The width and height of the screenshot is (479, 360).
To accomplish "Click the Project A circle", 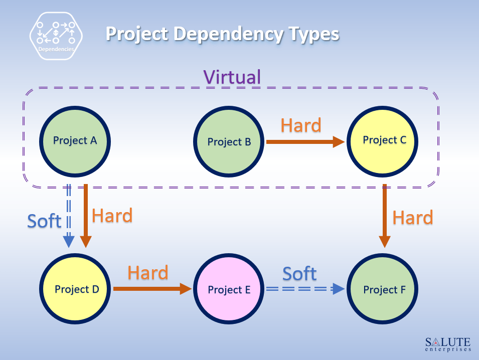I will click(75, 141).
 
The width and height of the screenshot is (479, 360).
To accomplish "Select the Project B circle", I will click(229, 142).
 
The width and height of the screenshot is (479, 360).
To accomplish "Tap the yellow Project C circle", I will click(384, 140).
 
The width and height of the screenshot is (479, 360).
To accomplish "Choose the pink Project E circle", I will click(229, 289).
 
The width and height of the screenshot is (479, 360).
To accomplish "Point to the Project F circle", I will click(384, 289).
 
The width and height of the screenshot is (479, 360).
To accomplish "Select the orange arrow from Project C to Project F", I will click(385, 216).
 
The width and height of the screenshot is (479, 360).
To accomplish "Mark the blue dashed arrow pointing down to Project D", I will click(69, 216).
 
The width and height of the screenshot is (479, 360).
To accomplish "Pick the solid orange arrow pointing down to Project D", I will click(86, 216).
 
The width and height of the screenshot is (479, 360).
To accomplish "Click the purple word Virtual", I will click(232, 77).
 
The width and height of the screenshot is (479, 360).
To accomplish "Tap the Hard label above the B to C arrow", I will click(301, 125).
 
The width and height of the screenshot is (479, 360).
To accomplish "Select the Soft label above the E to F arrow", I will click(299, 274).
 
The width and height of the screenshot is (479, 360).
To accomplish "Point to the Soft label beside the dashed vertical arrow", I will click(44, 221).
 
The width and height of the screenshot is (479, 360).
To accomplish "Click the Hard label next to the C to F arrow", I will click(412, 218).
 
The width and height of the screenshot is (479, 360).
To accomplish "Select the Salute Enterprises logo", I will click(448, 344).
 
